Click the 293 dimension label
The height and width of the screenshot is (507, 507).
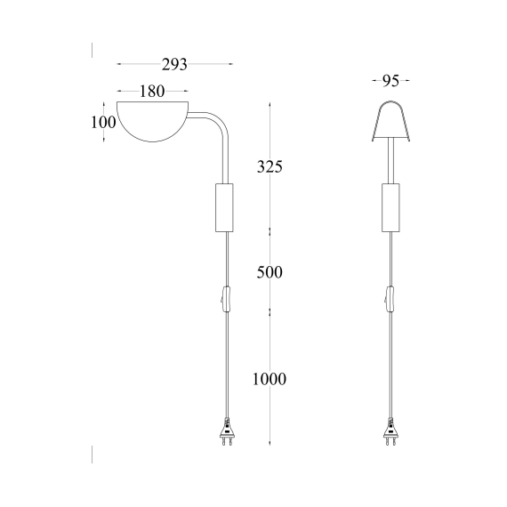click(174, 64)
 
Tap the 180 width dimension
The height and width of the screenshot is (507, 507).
click(151, 92)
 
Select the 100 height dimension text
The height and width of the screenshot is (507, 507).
click(103, 122)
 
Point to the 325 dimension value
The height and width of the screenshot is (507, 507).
click(270, 166)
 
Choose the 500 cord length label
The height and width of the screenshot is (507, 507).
click(270, 272)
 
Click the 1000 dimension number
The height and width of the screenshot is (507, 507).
click(270, 379)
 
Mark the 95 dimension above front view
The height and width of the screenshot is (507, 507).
click(390, 81)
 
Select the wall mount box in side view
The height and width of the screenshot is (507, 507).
click(224, 207)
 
